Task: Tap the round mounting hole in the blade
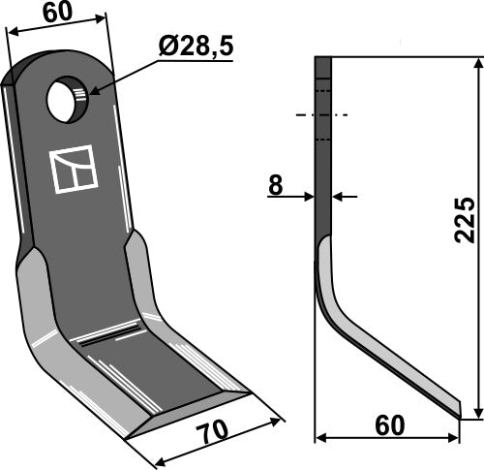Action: [67, 101]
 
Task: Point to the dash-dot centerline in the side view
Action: [322, 115]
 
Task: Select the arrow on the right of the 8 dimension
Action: [340, 197]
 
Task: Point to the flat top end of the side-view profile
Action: [323, 58]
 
